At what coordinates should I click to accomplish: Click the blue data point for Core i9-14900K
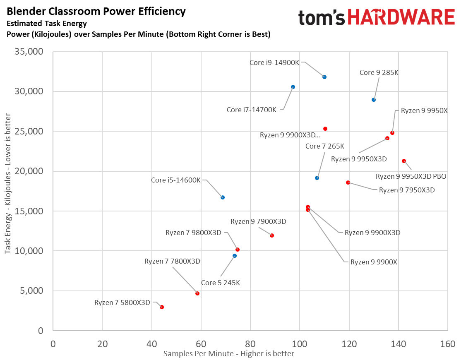[x=324, y=77]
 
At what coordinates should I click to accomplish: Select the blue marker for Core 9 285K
[x=374, y=100]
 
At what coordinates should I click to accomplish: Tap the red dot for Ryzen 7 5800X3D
[x=162, y=307]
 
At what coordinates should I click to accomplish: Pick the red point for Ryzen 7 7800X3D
[x=197, y=293]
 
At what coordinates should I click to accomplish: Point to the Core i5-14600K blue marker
[x=223, y=197]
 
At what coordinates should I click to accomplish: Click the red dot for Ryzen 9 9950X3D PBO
[x=404, y=161]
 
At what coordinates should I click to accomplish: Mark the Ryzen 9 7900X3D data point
[x=272, y=235]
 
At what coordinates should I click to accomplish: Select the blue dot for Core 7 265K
[x=317, y=178]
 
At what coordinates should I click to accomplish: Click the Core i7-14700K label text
[x=252, y=110]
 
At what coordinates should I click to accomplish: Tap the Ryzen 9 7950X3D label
[x=407, y=190]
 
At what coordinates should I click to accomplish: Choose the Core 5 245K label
[x=220, y=283]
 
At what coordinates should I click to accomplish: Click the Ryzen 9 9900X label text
[x=374, y=262]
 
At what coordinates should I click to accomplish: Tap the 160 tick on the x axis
[x=447, y=344]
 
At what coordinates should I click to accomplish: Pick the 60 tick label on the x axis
[x=201, y=344]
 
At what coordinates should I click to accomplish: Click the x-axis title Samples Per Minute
[x=229, y=354]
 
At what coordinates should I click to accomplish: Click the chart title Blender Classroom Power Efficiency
[x=96, y=11]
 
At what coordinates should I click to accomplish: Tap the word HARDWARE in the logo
[x=401, y=18]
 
